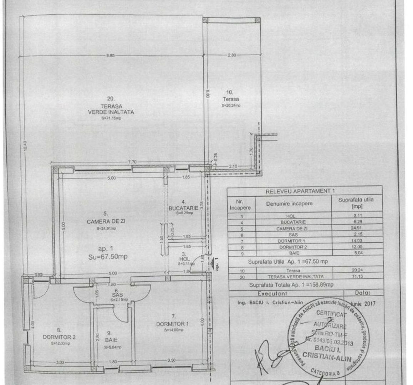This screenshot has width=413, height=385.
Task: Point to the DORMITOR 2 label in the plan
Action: (59, 337)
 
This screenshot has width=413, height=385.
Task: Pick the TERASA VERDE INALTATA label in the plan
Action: (111, 109)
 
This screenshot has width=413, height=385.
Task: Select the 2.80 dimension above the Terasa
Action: (231, 55)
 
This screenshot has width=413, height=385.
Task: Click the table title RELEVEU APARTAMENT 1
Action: (300, 191)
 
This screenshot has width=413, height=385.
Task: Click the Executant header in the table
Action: (272, 293)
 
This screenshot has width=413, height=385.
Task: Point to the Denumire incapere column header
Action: (289, 204)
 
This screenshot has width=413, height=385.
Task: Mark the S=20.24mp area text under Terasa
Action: (231, 106)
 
